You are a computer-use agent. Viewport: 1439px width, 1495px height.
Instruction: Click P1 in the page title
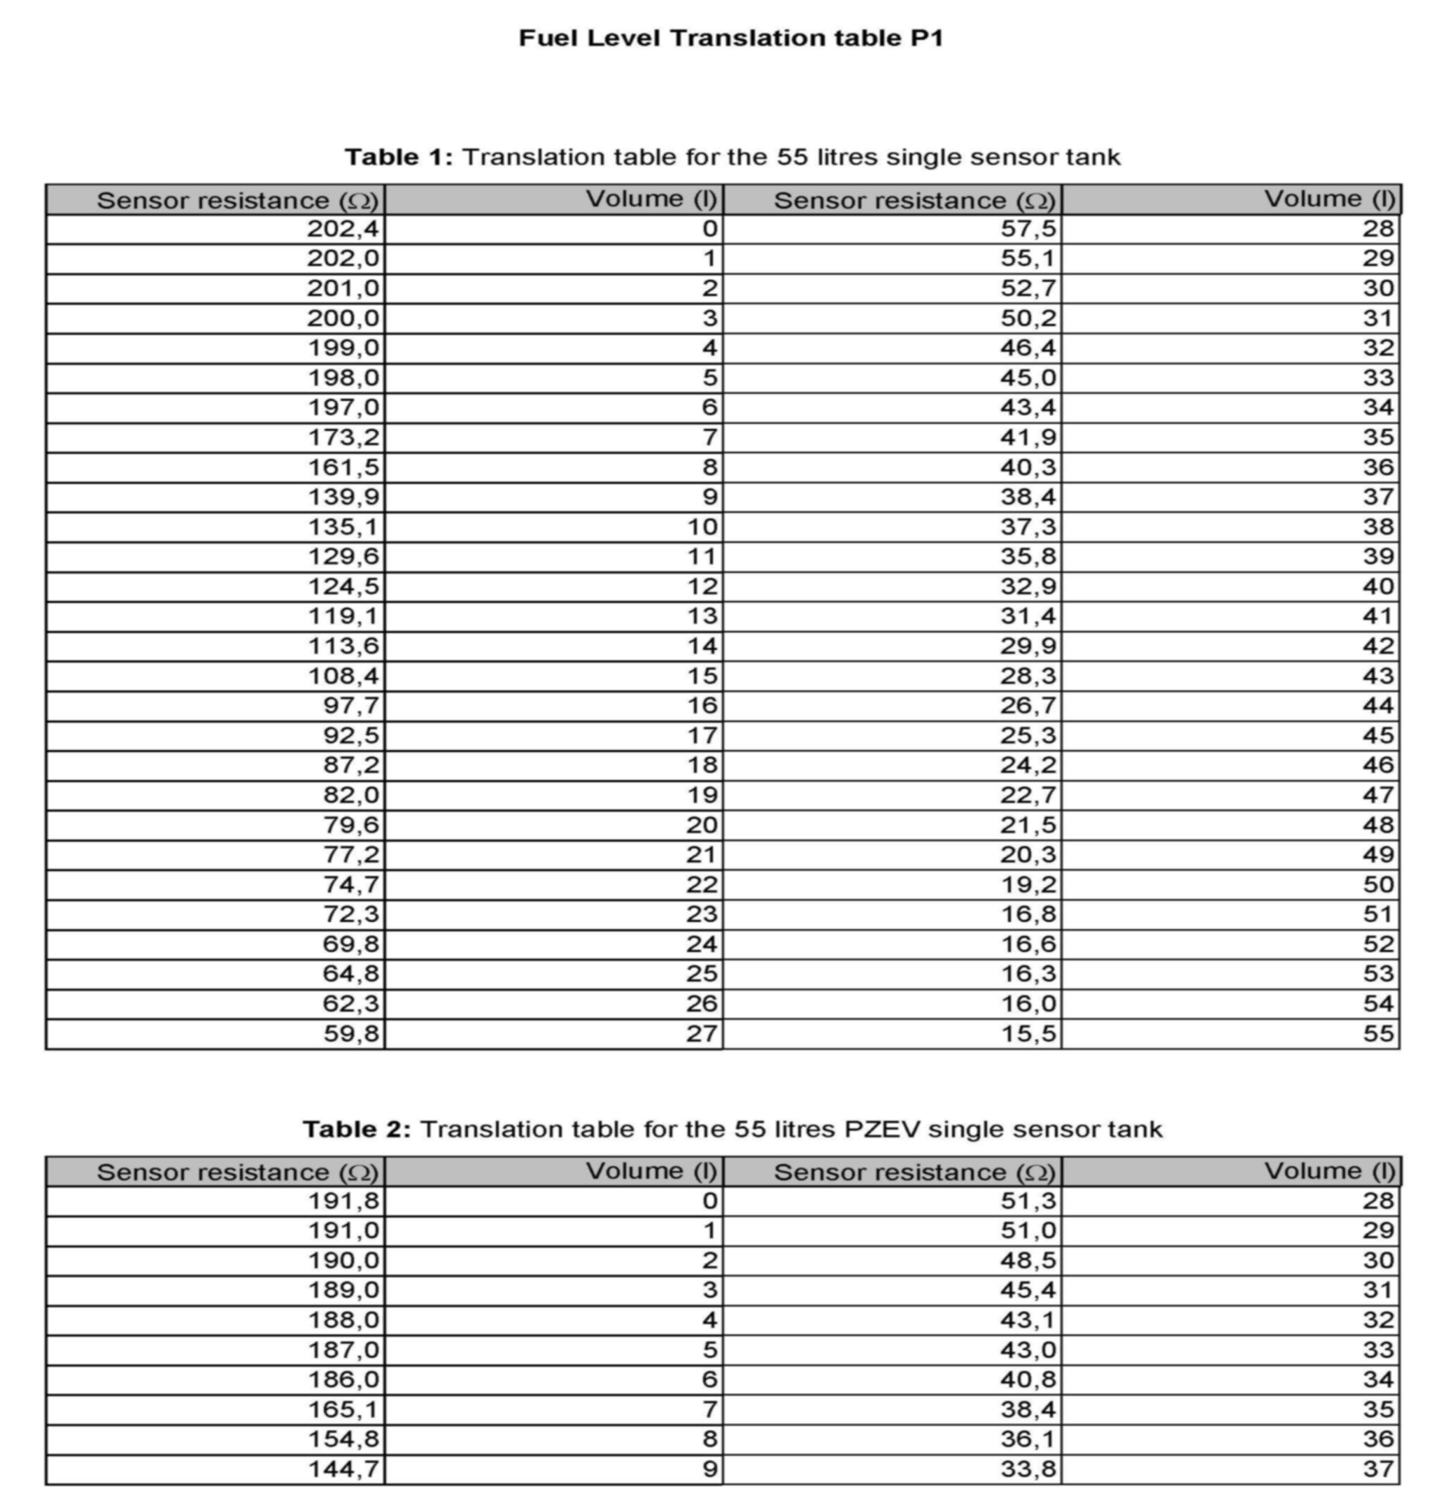tap(926, 38)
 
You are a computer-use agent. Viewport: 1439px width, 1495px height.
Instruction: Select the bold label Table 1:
tap(399, 157)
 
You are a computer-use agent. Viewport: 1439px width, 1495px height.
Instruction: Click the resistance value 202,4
tap(342, 229)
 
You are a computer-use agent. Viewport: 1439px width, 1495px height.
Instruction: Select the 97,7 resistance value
tap(350, 706)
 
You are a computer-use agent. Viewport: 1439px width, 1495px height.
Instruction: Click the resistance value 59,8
tap(350, 1033)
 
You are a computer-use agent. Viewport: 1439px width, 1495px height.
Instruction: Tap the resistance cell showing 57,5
tap(1028, 229)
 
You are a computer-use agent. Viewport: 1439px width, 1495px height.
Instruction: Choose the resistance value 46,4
tap(1028, 348)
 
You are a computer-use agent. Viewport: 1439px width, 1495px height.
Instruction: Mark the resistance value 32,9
tap(1028, 586)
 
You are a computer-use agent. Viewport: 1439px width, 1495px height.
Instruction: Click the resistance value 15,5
tap(1028, 1033)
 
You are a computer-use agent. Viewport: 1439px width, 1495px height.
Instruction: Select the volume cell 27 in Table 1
tap(702, 1033)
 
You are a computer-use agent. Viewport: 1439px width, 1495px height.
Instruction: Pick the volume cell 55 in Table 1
tap(1379, 1033)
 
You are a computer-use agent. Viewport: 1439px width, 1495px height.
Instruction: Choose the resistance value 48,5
tap(1028, 1261)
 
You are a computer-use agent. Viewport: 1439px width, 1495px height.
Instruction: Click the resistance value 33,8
tap(1028, 1469)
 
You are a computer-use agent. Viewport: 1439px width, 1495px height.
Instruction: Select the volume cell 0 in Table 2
tap(709, 1201)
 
